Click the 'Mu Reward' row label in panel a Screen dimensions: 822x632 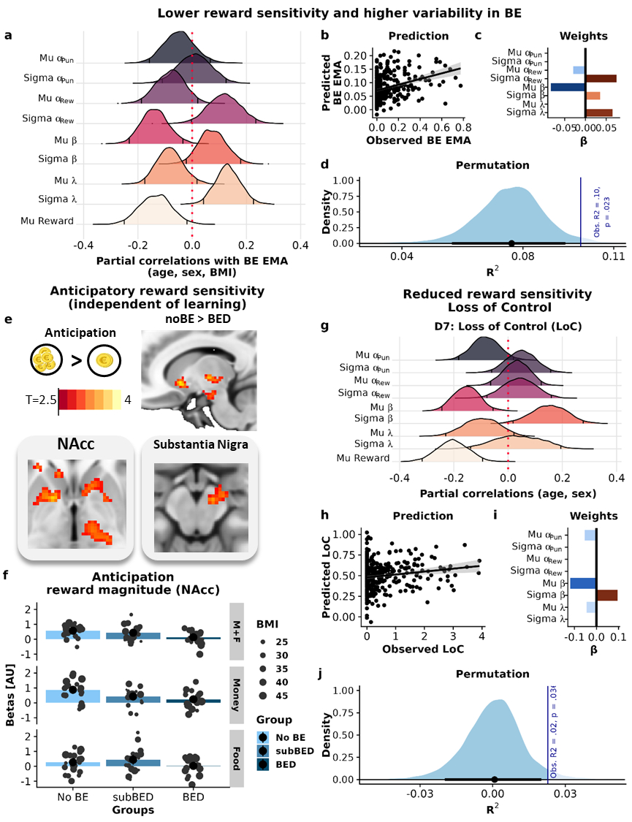47,220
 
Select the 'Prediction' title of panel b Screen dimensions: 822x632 419,35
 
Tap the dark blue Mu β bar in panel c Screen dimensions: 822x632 567,87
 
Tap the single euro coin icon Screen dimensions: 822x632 101,363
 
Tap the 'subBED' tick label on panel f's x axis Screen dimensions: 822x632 133,798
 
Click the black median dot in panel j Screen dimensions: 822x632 495,780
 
